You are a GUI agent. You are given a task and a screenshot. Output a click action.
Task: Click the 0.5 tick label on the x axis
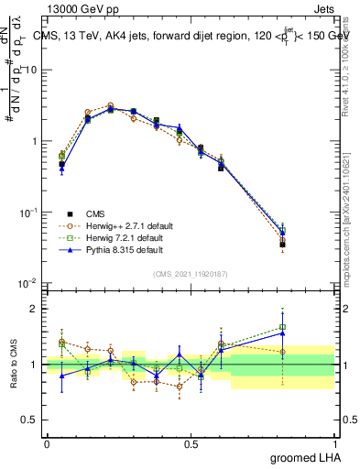pos(191,443)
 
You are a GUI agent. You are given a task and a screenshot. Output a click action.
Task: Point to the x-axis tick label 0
pos(47,443)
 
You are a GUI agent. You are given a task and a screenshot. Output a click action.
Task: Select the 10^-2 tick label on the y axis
pos(28,283)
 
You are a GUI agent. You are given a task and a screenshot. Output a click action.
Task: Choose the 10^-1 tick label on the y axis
pos(28,213)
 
